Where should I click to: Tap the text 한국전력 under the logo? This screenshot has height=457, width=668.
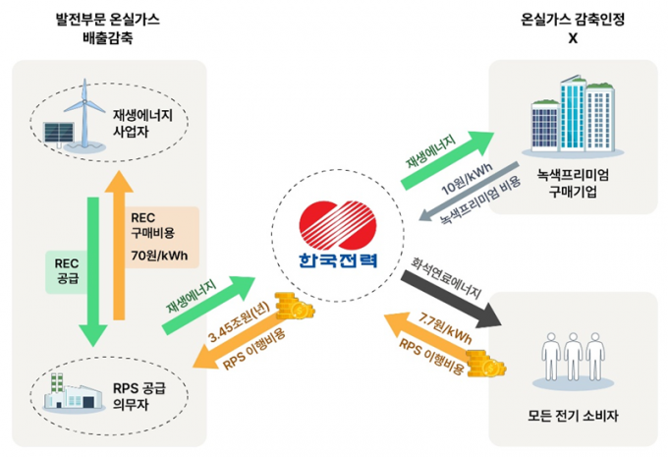[333, 262]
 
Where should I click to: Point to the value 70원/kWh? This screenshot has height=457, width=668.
[158, 257]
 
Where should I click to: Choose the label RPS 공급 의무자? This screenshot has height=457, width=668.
[149, 394]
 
